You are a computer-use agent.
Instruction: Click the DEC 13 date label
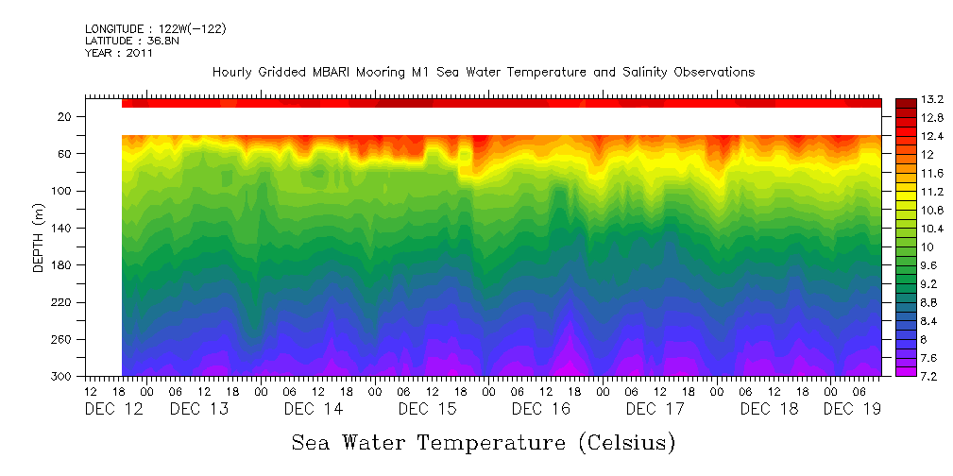pyautogui.click(x=199, y=409)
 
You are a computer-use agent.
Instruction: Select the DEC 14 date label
pyautogui.click(x=313, y=409)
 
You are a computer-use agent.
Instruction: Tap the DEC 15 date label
pyautogui.click(x=427, y=409)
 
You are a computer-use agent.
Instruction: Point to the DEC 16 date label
pyautogui.click(x=540, y=409)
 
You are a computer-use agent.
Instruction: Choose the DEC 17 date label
pyautogui.click(x=655, y=409)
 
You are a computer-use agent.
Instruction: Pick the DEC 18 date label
pyautogui.click(x=769, y=409)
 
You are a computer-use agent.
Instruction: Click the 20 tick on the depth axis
pyautogui.click(x=65, y=116)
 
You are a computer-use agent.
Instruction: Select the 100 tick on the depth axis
pyautogui.click(x=62, y=191)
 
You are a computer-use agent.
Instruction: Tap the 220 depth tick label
pyautogui.click(x=62, y=302)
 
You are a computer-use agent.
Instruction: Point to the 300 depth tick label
pyautogui.click(x=62, y=377)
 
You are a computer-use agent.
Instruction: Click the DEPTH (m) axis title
pyautogui.click(x=39, y=238)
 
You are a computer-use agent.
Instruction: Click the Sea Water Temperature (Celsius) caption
pyautogui.click(x=484, y=442)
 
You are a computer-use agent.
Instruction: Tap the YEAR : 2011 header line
pyautogui.click(x=118, y=53)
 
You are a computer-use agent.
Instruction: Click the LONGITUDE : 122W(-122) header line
pyautogui.click(x=155, y=28)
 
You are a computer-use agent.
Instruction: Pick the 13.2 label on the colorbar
pyautogui.click(x=933, y=99)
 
